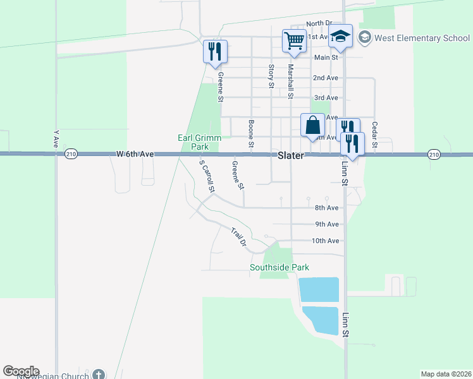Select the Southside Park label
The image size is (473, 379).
tap(279, 267)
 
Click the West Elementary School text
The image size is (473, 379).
tap(422, 38)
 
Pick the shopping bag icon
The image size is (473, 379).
tap(312, 124)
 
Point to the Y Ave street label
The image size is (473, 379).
tap(56, 140)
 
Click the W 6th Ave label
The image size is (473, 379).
tap(135, 153)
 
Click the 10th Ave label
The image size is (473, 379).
tap(326, 241)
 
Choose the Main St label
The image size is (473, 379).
tap(326, 57)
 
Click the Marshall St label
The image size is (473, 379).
tap(291, 81)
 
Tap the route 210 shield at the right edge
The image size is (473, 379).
tap(433, 154)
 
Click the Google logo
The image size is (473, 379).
tap(21, 371)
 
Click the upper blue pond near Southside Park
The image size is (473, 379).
tap(319, 289)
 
